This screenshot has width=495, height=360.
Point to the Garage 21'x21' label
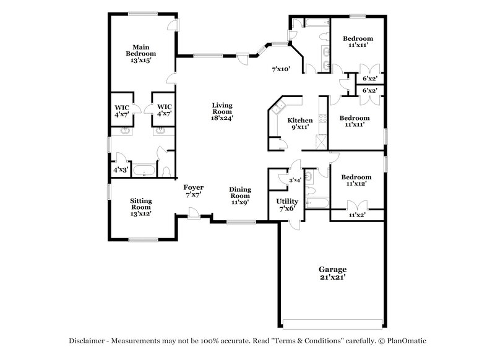(332, 273)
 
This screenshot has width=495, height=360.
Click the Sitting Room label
(142, 207)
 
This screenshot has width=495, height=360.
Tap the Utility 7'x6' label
(288, 205)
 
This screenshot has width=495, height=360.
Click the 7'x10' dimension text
(282, 70)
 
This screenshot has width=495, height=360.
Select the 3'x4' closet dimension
(295, 180)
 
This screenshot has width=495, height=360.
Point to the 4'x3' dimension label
(121, 169)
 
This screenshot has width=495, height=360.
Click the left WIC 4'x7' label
(121, 110)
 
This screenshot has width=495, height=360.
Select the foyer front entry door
(194, 213)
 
